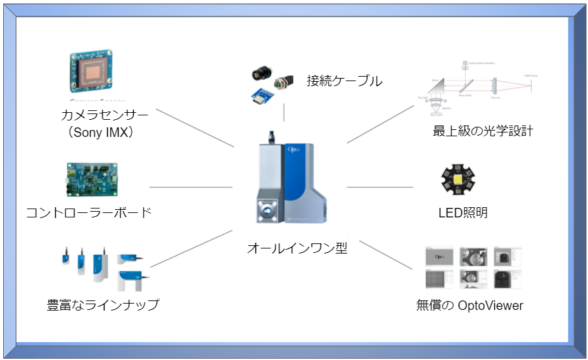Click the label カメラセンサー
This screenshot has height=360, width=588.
104,116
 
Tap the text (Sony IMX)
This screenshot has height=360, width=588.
104,134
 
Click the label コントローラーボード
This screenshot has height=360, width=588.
89,213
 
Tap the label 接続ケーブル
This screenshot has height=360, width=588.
344,81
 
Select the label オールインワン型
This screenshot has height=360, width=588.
297,248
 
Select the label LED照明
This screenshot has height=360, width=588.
463,213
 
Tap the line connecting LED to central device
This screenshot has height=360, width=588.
380,187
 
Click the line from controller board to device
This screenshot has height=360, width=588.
190,187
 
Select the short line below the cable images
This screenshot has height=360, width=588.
284,112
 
